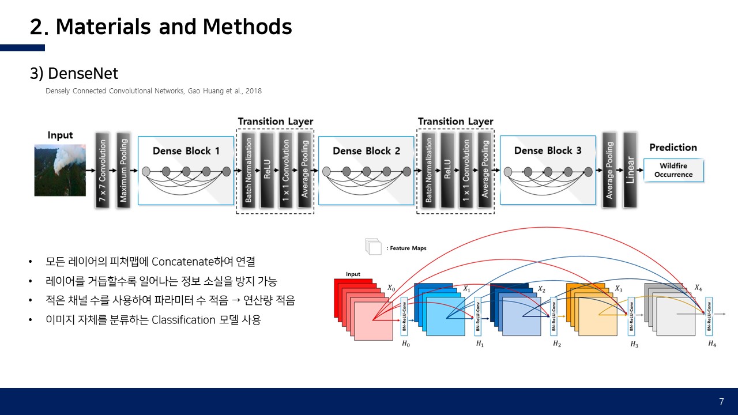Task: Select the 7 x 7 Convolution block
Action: coord(103,171)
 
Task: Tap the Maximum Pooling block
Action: coord(123,171)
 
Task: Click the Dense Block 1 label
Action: coord(186,151)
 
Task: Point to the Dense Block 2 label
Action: coord(366,151)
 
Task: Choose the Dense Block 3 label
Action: coord(547,150)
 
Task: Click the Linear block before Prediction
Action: coord(630,170)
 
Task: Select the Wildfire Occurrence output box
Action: coord(673,170)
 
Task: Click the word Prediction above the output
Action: coord(673,148)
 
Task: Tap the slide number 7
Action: coord(721,402)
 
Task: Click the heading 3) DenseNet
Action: coord(74,74)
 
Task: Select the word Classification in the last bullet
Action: coord(183,320)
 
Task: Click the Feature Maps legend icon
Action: coord(374,247)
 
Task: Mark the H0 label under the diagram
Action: coord(405,344)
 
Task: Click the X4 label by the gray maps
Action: coord(698,287)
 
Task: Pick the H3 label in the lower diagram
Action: coord(634,345)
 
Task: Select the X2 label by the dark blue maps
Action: coord(541,289)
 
